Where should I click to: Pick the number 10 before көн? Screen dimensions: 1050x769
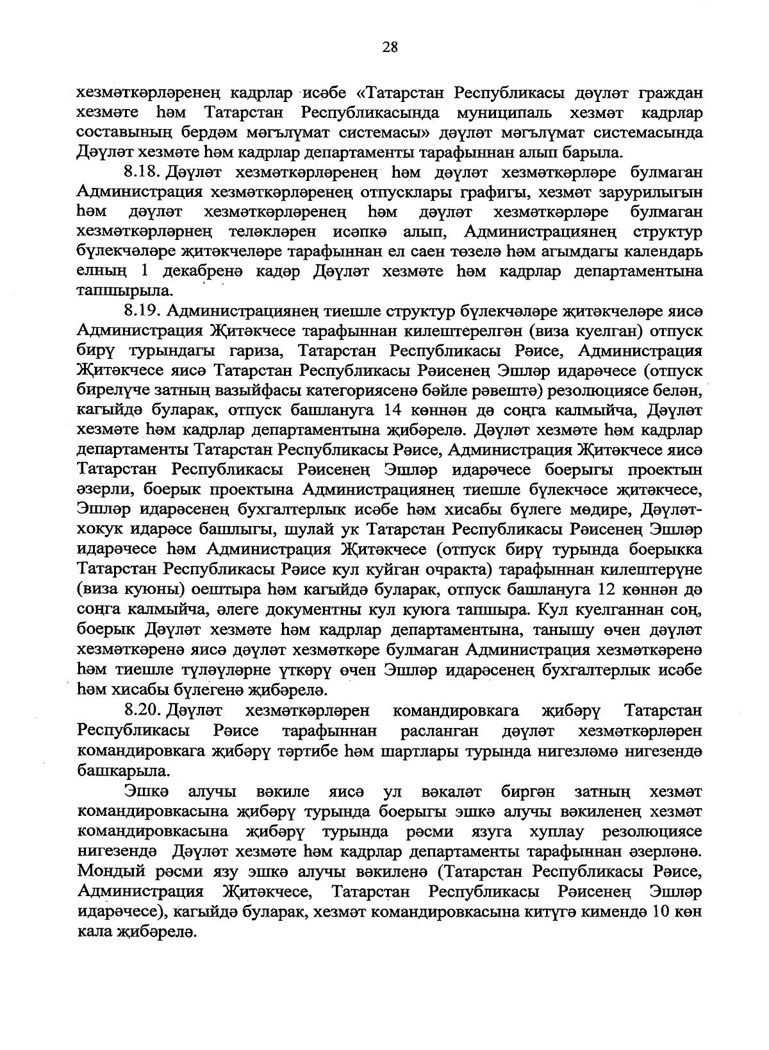[661, 911]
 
